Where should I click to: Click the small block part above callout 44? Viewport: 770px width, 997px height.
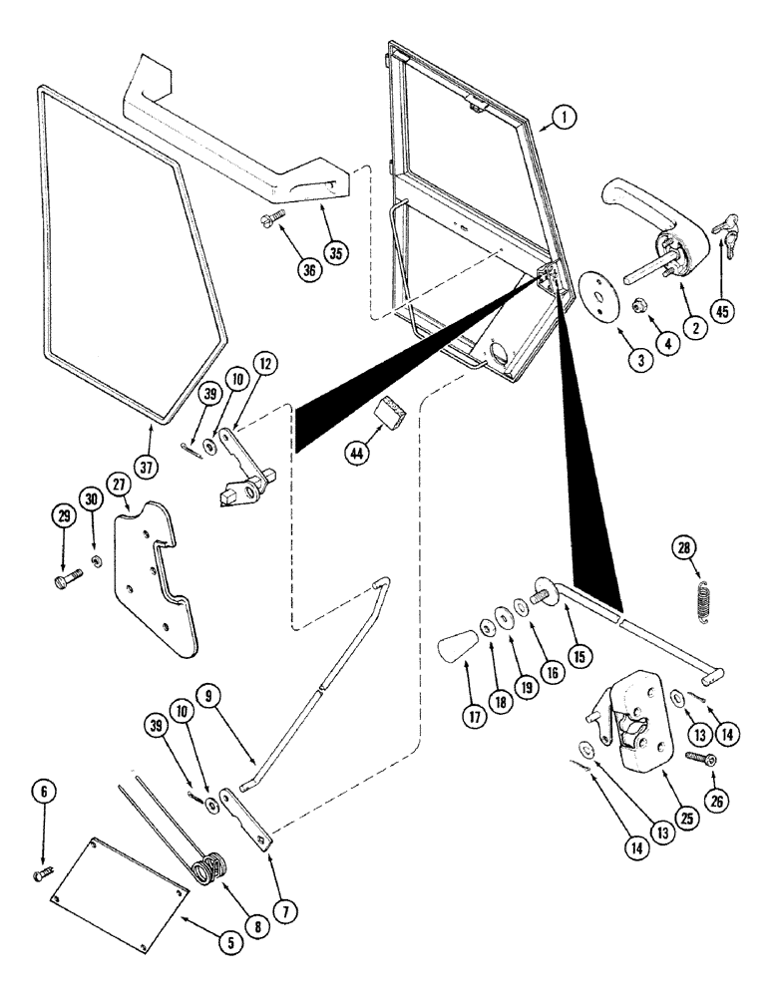[x=389, y=411]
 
